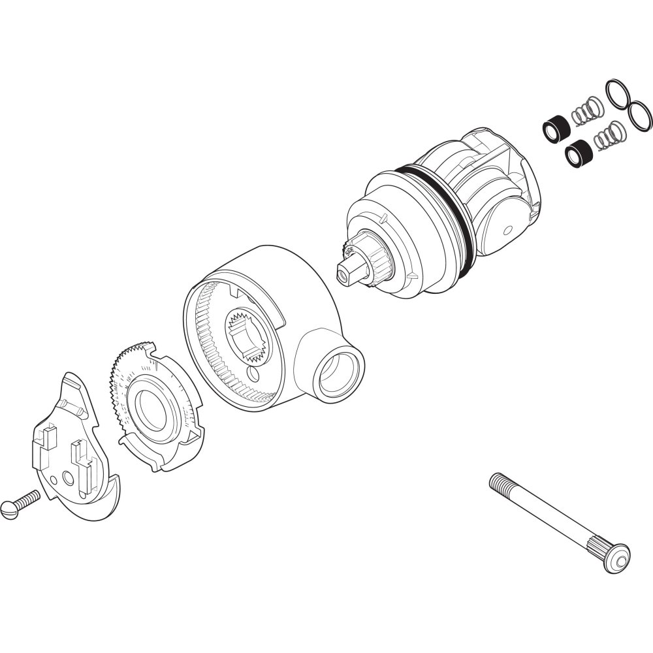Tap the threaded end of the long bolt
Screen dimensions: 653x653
500,484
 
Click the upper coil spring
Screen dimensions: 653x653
586,110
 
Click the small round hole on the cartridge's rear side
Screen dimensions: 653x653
508,230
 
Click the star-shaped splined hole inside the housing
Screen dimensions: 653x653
249,336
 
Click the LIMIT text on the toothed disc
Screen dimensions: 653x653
128,388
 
